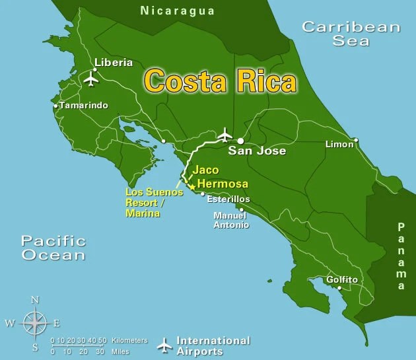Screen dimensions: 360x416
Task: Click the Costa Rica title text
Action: [x=220, y=81]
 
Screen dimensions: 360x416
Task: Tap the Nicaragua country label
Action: [x=178, y=11]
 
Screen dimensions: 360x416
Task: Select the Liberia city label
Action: [x=114, y=63]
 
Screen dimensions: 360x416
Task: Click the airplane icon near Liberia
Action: [x=91, y=79]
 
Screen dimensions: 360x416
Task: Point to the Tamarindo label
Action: [x=83, y=106]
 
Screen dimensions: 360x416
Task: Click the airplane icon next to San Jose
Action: [x=225, y=135]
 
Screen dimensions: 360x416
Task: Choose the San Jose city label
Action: [x=257, y=151]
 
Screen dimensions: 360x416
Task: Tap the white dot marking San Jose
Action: [x=240, y=141]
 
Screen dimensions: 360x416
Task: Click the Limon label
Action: [x=339, y=144]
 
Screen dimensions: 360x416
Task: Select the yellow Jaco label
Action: [x=205, y=170]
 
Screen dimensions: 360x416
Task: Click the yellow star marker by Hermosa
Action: [x=192, y=187]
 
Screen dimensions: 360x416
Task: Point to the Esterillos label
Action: [x=228, y=198]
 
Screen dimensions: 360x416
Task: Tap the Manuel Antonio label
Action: [x=231, y=220]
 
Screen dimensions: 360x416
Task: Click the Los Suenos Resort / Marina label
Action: [x=154, y=203]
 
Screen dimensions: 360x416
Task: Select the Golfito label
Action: [x=342, y=280]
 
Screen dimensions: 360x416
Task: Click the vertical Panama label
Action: [x=401, y=256]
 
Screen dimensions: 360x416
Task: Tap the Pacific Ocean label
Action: [x=53, y=248]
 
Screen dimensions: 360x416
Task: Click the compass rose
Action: [x=34, y=323]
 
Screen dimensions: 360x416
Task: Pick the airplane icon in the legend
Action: [x=164, y=345]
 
